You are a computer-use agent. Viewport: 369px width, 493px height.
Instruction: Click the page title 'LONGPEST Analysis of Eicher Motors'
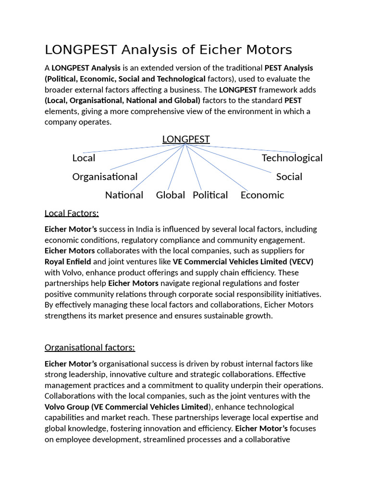click(168, 50)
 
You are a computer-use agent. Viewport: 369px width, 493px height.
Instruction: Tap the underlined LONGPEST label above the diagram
click(186, 139)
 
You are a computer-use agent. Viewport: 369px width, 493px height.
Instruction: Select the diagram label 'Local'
click(84, 158)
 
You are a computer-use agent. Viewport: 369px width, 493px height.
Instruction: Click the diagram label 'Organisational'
click(105, 177)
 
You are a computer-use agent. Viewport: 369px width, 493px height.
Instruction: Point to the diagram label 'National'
click(124, 195)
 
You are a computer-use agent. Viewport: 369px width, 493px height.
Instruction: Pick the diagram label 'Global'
click(171, 195)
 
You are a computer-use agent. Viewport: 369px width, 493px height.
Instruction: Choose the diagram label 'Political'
click(210, 195)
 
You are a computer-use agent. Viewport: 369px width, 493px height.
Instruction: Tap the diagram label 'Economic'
click(262, 195)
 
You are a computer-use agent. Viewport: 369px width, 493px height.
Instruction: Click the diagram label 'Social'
click(289, 177)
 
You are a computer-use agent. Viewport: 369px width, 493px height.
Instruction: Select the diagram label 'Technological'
click(292, 158)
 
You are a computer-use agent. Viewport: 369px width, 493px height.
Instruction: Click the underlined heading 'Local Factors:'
click(72, 213)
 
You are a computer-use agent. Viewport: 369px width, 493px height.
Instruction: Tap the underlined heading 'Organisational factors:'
click(90, 347)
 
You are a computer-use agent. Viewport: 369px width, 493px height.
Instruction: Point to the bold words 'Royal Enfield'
click(68, 261)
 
